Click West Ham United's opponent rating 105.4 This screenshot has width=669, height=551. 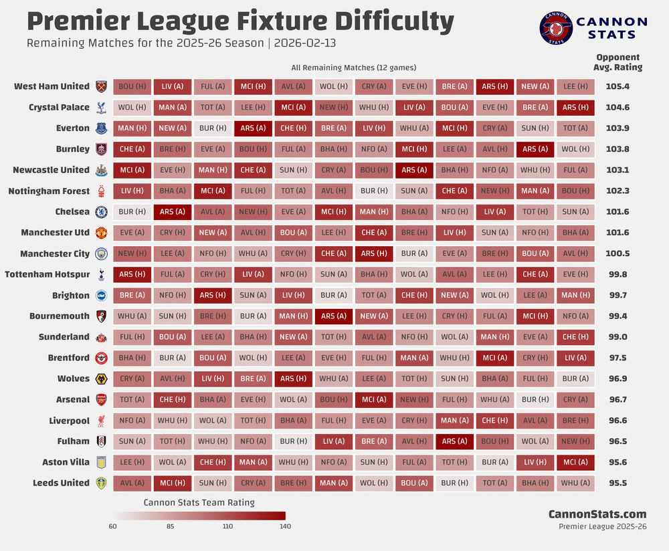[617, 86]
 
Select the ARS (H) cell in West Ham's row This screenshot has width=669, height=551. [494, 86]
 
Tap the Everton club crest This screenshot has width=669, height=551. [102, 128]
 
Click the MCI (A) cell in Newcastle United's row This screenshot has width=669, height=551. [132, 170]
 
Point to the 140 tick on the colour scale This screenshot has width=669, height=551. [285, 526]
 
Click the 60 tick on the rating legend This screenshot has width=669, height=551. [113, 526]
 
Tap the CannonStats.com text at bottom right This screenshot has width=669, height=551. [597, 514]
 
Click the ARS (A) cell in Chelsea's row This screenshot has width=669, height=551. [172, 212]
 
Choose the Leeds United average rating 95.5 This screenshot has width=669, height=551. [617, 483]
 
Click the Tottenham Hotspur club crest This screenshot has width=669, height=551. [102, 274]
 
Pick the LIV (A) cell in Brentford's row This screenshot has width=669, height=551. [575, 358]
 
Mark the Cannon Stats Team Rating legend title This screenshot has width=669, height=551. [199, 502]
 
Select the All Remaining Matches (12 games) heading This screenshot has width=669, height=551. [354, 68]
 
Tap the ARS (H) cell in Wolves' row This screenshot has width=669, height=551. [293, 378]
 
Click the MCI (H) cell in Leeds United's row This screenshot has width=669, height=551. [172, 483]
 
